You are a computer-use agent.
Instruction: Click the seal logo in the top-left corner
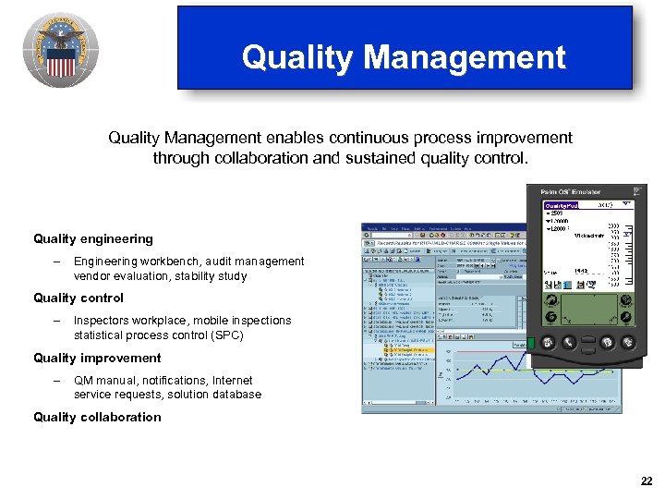click(61, 51)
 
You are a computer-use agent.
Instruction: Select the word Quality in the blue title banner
click(297, 57)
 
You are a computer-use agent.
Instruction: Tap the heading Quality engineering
click(93, 239)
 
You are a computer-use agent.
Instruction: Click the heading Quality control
click(79, 298)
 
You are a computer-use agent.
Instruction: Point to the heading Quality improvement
click(97, 358)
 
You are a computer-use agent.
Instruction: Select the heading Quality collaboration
click(97, 417)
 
